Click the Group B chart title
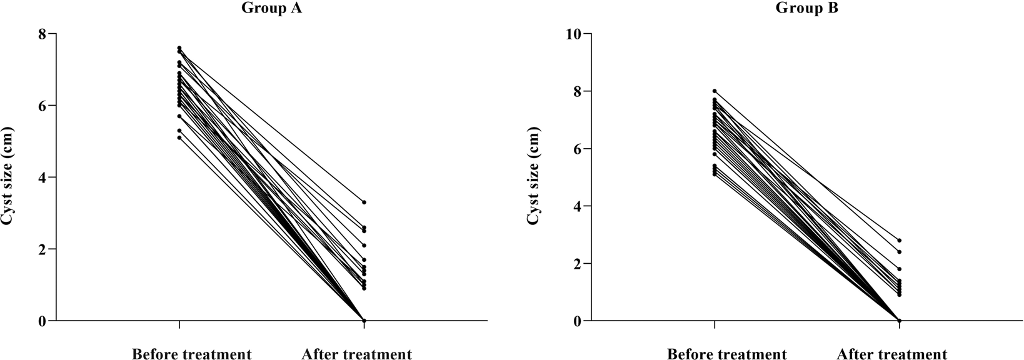(x=806, y=8)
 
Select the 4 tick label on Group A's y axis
(x=43, y=177)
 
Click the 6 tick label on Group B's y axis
(x=578, y=149)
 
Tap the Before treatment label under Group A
(x=191, y=354)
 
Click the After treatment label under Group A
(x=356, y=354)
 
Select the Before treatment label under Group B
(x=726, y=354)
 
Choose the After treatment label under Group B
(x=891, y=354)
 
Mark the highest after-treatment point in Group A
(x=364, y=202)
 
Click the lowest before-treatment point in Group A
(x=179, y=137)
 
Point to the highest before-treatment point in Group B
(x=715, y=91)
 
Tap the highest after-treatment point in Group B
(x=899, y=240)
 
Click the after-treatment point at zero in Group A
(x=364, y=321)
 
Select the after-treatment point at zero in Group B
(x=899, y=321)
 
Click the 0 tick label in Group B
(x=578, y=321)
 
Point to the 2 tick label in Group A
(x=43, y=249)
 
